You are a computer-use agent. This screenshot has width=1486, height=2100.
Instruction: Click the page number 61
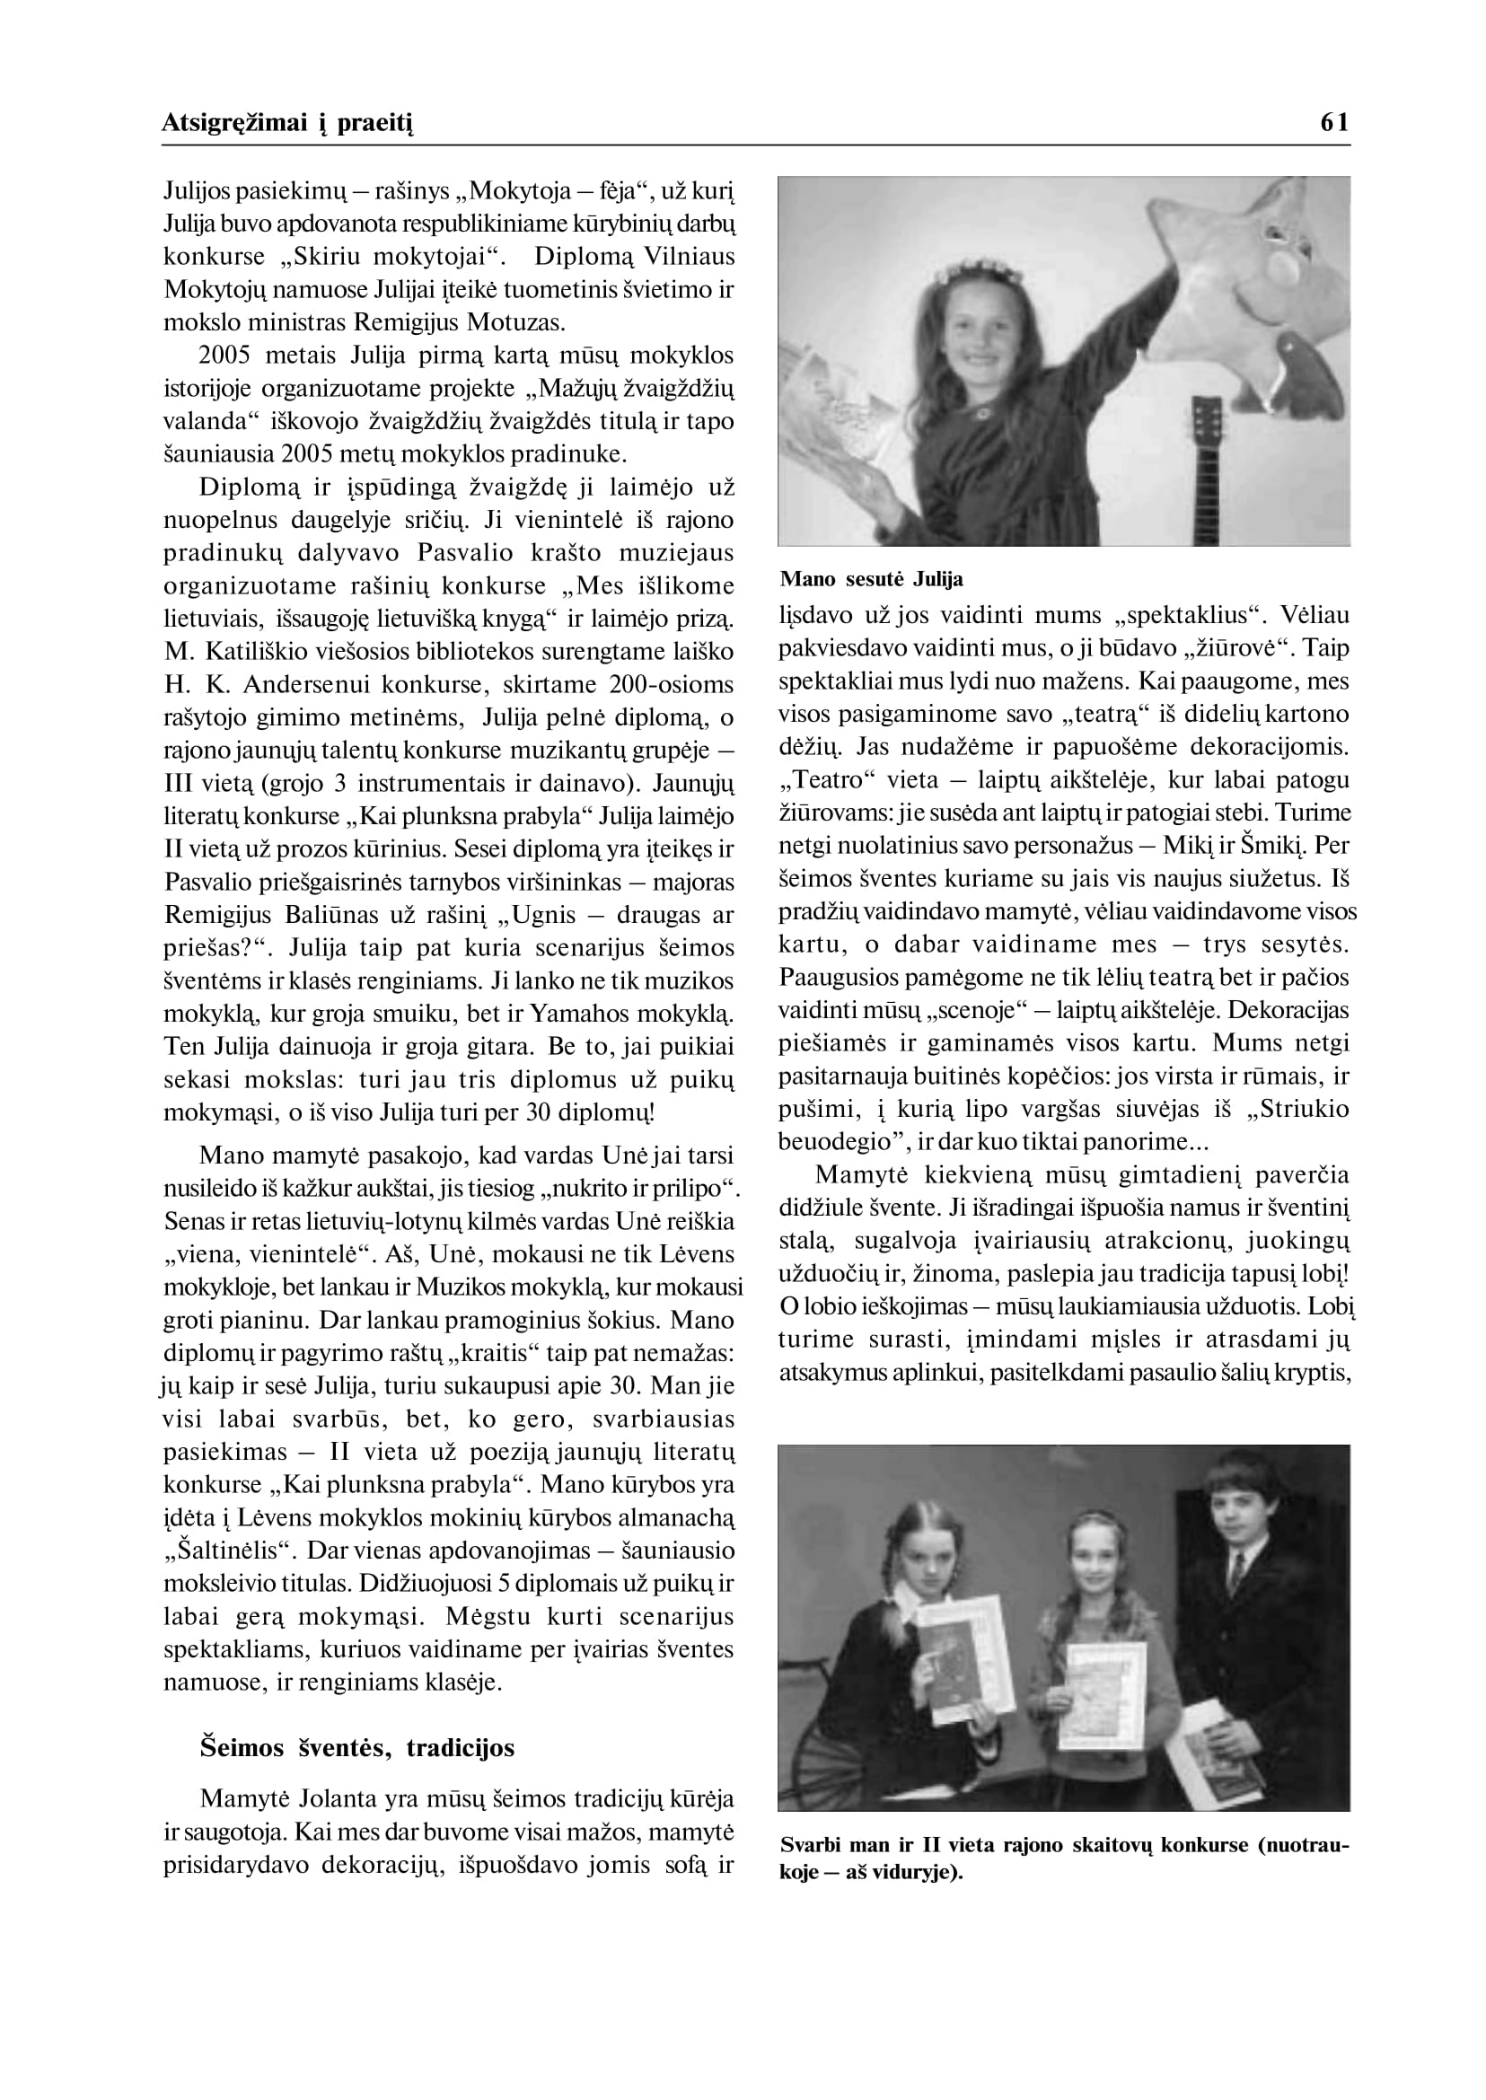click(1334, 123)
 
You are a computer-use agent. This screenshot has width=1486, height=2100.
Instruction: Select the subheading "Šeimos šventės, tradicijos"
click(356, 1748)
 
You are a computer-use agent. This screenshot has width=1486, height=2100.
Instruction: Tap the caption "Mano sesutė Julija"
click(871, 579)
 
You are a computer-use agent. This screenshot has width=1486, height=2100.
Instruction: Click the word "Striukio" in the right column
click(1298, 1109)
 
